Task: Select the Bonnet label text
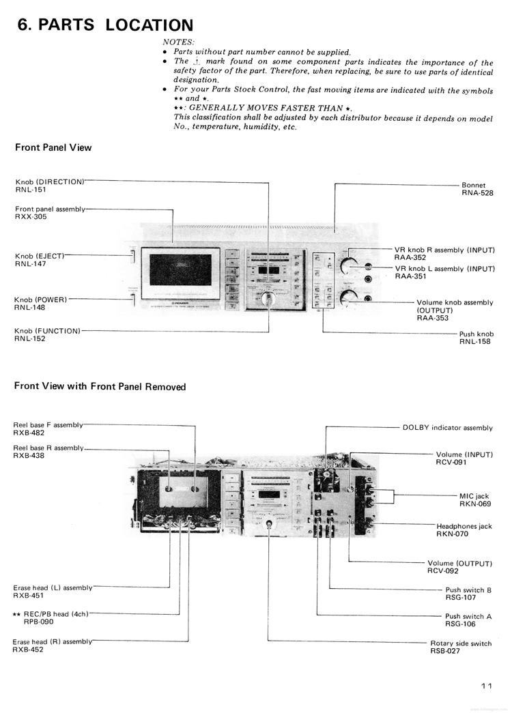pyautogui.click(x=473, y=185)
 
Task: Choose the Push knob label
pyautogui.click(x=476, y=334)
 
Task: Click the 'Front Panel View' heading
pyautogui.click(x=53, y=147)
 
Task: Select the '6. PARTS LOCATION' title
pyautogui.click(x=105, y=25)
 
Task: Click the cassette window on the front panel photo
pyautogui.click(x=180, y=270)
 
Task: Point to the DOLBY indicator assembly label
pyautogui.click(x=447, y=428)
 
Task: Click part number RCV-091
pyautogui.click(x=451, y=462)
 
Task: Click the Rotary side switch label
pyautogui.click(x=461, y=643)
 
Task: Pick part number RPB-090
pyautogui.click(x=38, y=622)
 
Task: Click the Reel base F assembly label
pyautogui.click(x=48, y=424)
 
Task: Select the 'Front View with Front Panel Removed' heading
pyautogui.click(x=100, y=386)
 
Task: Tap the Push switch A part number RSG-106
pyautogui.click(x=460, y=624)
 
